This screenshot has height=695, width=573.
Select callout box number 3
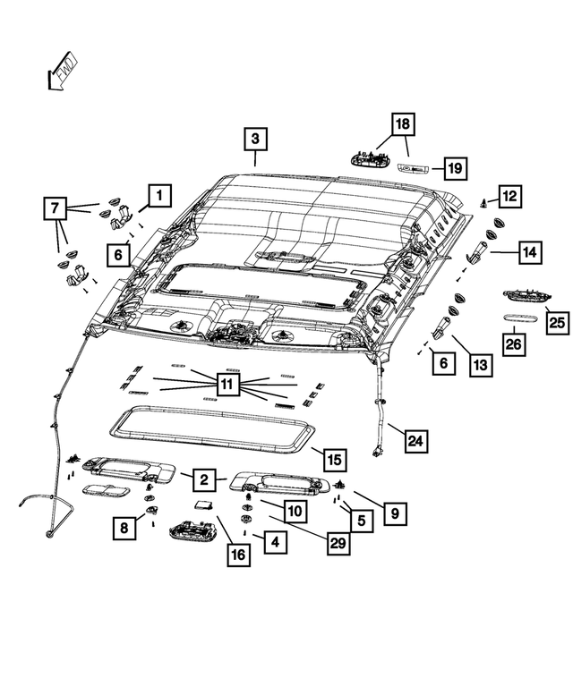(255, 139)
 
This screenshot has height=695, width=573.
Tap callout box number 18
(403, 123)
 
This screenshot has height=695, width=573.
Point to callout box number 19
(456, 168)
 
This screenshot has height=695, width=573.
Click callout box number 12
(509, 197)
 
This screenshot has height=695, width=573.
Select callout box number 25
(557, 323)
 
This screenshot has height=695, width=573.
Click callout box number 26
(514, 344)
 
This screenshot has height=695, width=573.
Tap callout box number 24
(416, 441)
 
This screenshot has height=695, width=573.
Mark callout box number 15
(334, 460)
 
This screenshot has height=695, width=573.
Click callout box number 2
(204, 479)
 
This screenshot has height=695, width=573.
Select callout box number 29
(338, 543)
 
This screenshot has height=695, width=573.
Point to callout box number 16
(239, 555)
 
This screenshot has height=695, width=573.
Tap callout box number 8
(124, 528)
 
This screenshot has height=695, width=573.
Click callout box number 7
(55, 208)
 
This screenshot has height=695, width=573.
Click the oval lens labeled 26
(520, 318)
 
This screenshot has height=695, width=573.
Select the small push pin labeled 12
(483, 203)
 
